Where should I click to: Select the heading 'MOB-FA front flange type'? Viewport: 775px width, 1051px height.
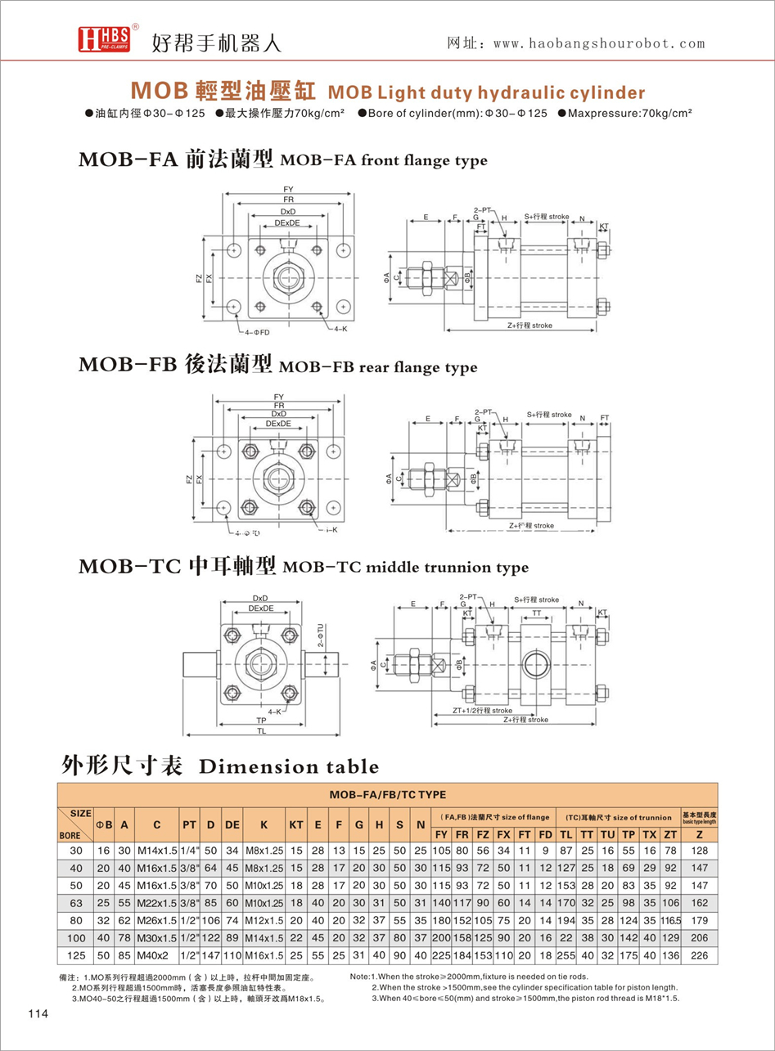coord(282,160)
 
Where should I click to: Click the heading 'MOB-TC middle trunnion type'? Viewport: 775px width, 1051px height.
coord(303,566)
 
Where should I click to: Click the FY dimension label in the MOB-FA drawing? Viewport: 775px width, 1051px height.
coord(288,189)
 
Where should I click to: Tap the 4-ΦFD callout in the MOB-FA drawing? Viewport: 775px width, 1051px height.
coord(257,333)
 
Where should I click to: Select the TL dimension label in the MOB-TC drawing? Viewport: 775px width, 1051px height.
coord(261,732)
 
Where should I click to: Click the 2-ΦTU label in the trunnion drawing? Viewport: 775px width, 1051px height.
coord(321,634)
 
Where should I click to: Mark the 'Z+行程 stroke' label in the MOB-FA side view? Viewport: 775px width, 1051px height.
coord(529,326)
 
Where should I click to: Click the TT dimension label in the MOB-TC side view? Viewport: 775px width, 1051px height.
coord(537,612)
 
